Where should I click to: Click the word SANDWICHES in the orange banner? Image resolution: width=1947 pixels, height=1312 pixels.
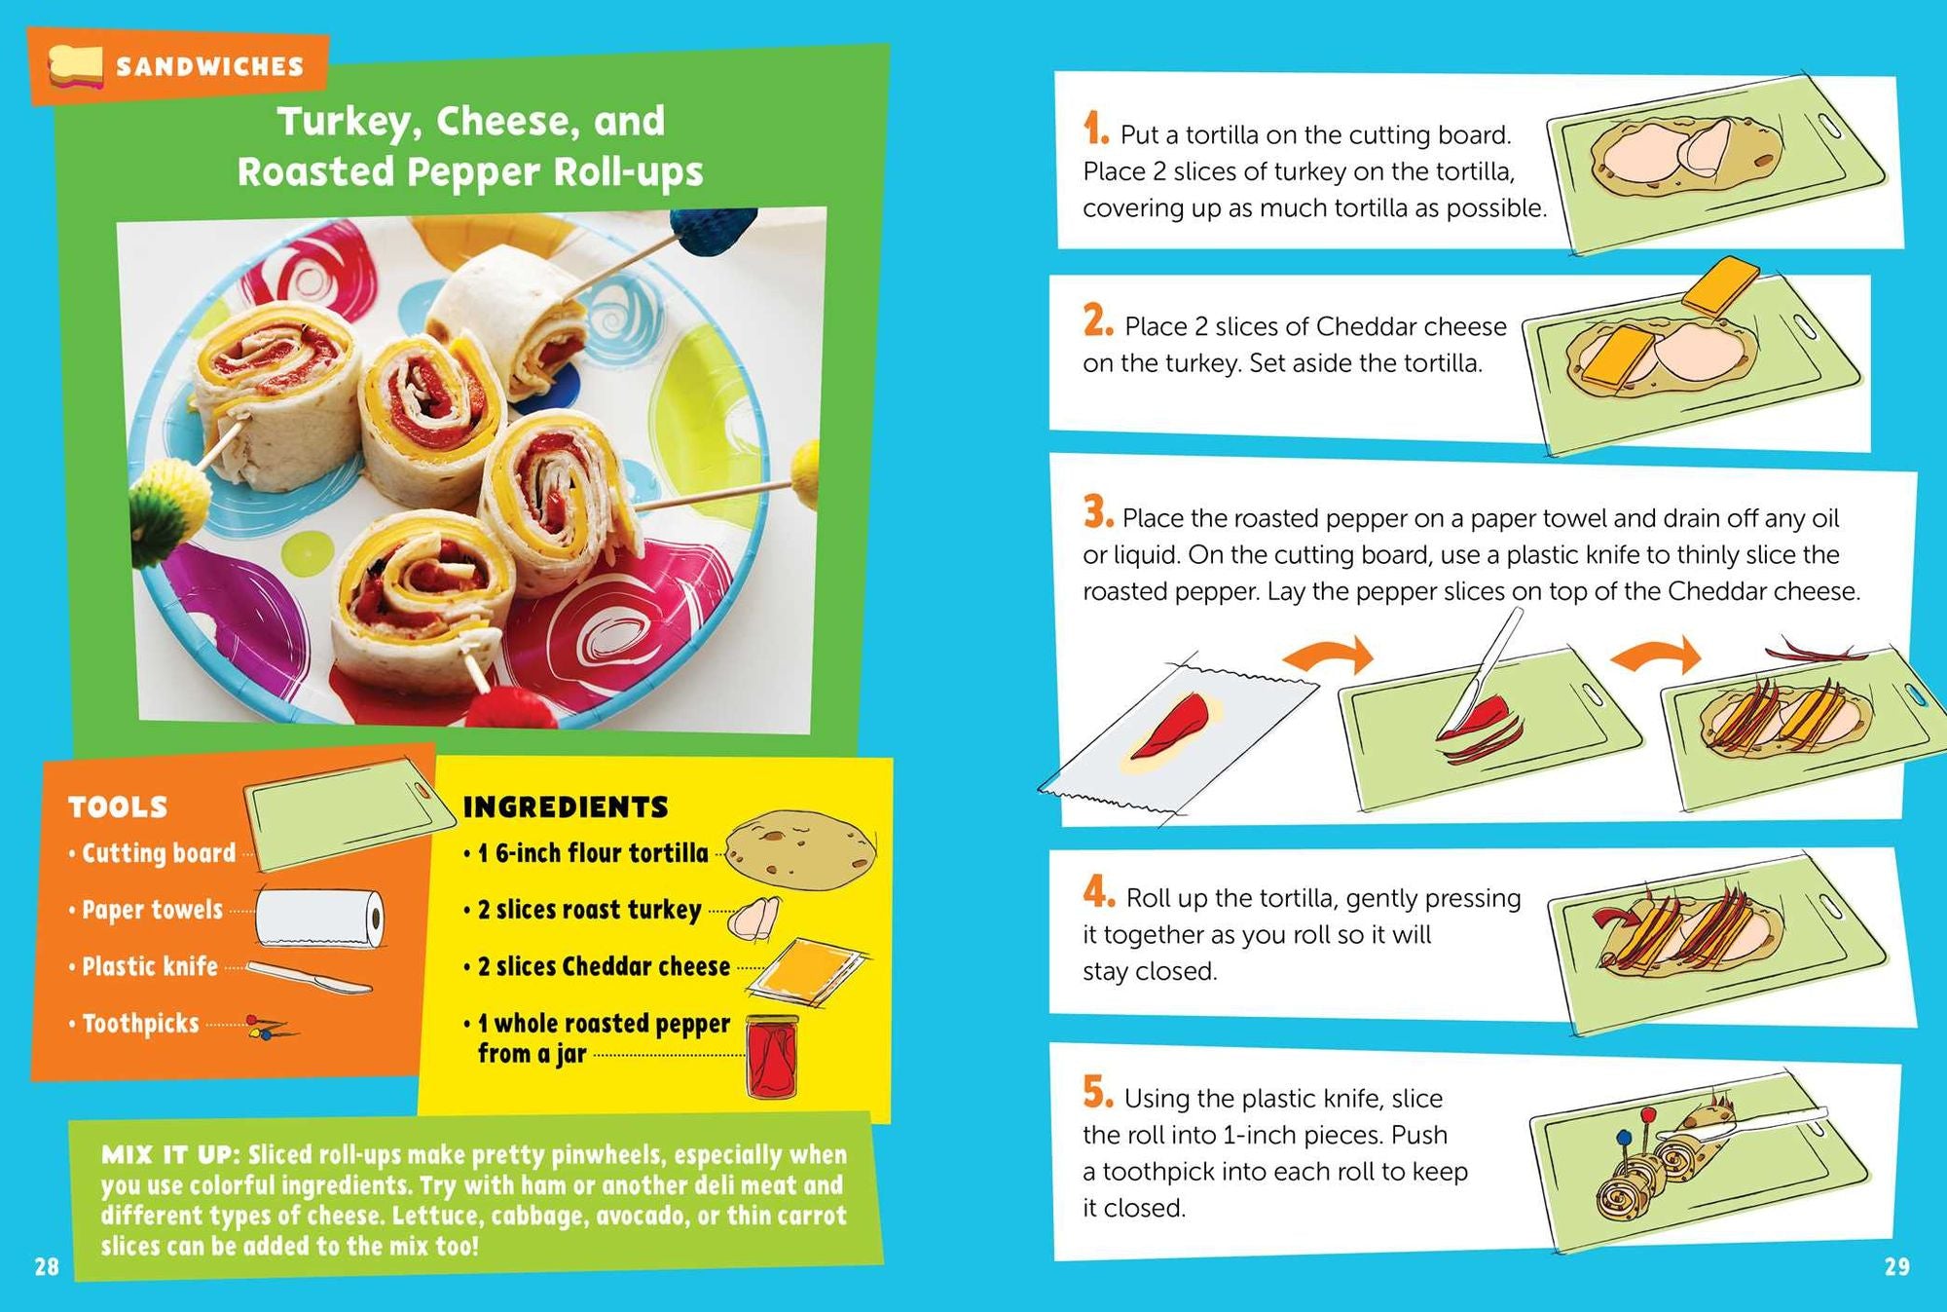click(209, 66)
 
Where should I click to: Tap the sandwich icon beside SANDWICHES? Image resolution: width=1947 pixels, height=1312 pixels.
click(76, 66)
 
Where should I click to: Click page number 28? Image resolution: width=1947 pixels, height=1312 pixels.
click(46, 1266)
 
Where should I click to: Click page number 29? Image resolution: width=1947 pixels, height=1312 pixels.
click(1896, 1266)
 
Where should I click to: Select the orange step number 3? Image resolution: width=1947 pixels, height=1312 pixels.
click(1097, 512)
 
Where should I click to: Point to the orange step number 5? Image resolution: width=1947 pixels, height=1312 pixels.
click(1097, 1093)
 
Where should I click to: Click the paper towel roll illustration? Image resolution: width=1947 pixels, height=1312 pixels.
click(319, 918)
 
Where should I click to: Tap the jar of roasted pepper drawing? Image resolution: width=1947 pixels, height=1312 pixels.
click(772, 1057)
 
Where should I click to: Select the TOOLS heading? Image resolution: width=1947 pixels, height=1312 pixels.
click(118, 806)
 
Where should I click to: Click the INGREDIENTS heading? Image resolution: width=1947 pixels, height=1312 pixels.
click(565, 806)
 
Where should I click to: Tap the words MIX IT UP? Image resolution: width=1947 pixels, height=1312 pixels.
click(168, 1155)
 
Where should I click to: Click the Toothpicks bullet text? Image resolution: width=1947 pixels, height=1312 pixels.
click(140, 1024)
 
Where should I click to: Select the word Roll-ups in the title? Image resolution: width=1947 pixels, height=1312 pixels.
click(628, 172)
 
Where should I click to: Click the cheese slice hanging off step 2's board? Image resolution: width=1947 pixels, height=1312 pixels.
click(1721, 285)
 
